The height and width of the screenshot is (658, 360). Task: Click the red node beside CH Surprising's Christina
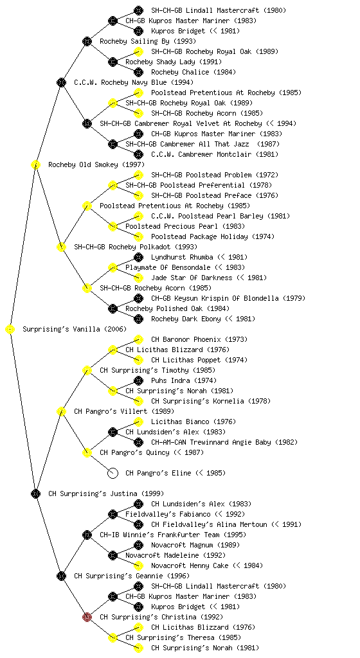87,617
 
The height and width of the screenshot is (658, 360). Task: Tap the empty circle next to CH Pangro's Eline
113,473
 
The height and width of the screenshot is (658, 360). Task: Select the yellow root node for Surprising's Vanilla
10,329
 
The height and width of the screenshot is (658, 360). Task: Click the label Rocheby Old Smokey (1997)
96,164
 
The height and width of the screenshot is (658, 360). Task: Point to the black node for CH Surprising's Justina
35,493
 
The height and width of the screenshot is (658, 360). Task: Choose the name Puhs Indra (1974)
184,380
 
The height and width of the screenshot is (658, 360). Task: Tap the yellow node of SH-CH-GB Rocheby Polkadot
61,247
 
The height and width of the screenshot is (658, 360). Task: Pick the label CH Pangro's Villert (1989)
124,411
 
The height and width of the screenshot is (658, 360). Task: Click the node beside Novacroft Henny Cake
138,565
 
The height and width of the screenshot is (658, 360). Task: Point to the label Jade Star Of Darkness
192,278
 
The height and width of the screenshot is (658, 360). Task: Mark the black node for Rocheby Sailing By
87,41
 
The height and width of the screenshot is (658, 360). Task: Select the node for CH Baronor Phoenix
138,339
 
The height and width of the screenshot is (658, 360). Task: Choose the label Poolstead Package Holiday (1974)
213,236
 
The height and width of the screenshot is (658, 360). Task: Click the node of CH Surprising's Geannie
61,576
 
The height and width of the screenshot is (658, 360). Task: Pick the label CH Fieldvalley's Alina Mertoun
209,524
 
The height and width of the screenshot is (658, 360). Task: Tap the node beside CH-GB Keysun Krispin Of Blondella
138,298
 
